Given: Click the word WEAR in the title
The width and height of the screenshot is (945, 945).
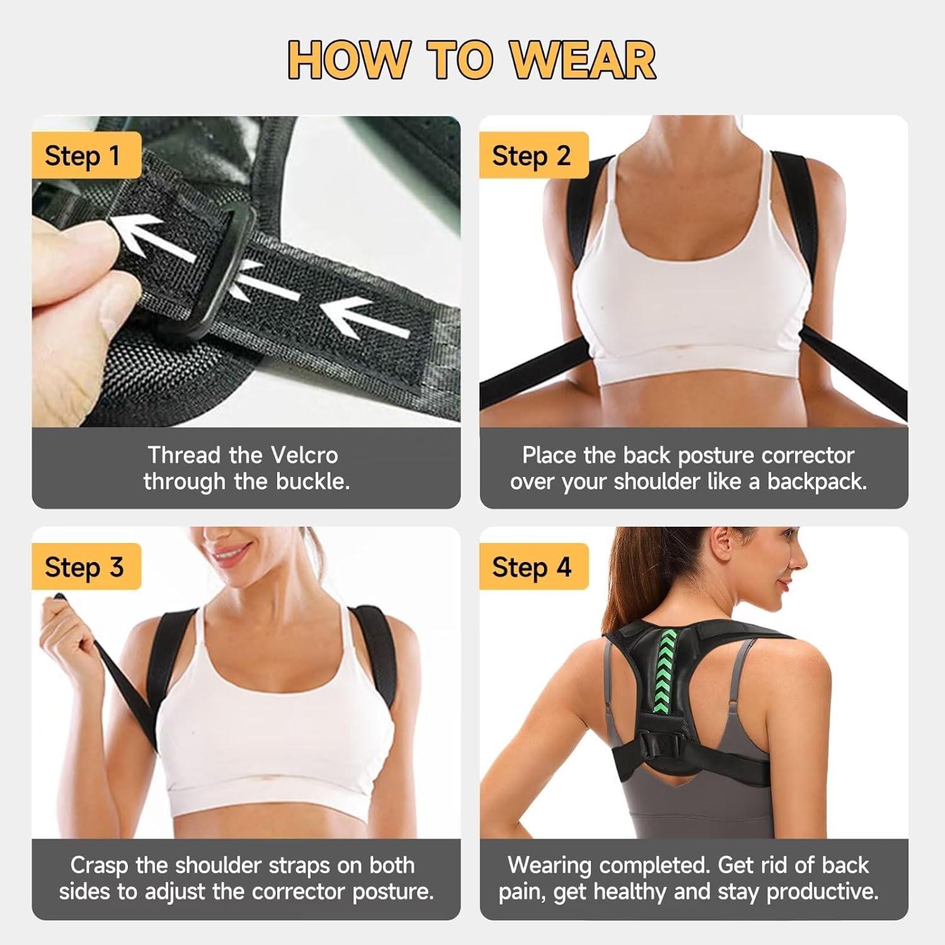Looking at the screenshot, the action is (583, 60).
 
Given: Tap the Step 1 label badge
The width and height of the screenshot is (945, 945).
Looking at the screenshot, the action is (86, 156).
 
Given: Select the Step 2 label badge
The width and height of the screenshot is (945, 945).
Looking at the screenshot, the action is (534, 156).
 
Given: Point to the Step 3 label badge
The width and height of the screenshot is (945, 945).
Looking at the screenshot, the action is (86, 566).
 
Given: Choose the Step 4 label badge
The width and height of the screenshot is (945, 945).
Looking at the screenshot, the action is (534, 566).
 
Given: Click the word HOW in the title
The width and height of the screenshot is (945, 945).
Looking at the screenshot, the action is (348, 60).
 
